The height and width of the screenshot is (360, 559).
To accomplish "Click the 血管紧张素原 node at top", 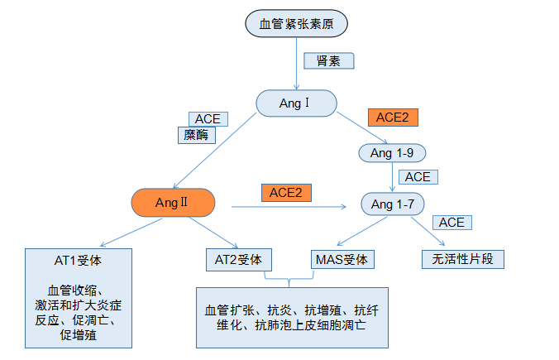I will (295, 23).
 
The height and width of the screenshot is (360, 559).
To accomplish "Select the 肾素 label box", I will (328, 61).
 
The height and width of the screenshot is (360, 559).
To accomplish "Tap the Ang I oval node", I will (296, 103).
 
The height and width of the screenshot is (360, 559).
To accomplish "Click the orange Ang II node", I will (173, 202).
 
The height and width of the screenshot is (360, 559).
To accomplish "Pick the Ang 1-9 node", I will (392, 153).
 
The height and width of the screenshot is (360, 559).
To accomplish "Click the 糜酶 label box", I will (197, 135).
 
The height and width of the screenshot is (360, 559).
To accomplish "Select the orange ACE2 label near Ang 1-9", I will (392, 117).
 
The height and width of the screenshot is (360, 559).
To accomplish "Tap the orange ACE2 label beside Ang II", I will (286, 192).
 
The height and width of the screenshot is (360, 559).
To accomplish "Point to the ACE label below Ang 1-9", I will (418, 177).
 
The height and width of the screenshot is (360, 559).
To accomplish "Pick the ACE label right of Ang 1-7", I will (451, 223).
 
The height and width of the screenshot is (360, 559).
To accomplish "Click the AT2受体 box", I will (238, 259).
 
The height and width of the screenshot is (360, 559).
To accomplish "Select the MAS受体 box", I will (342, 259).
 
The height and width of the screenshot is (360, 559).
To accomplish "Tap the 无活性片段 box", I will (462, 259).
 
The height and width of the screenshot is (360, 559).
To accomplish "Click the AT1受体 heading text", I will (79, 260).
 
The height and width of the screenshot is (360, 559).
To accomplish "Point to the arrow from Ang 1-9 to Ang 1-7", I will (392, 177).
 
